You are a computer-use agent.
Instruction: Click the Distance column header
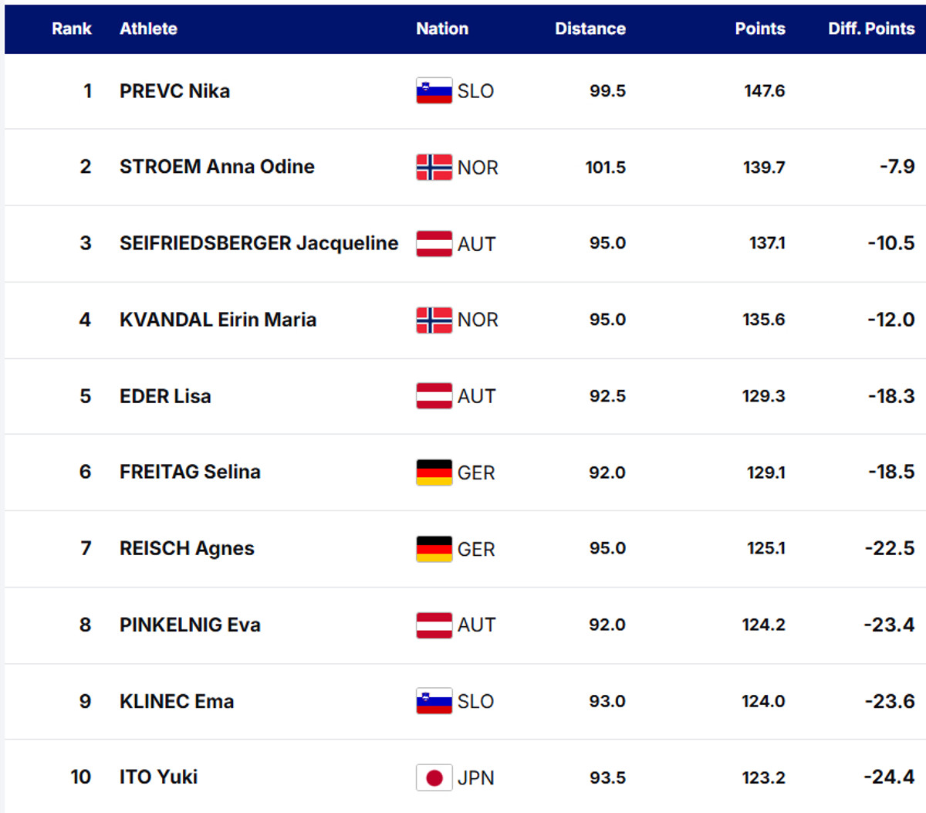pos(590,29)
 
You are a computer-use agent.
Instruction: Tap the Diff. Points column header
pos(870,29)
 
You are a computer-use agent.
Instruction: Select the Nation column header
pos(442,29)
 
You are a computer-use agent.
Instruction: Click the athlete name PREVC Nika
pos(174,91)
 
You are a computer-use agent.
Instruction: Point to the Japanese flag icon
pos(434,777)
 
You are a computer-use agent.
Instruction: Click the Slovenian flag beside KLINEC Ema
pos(434,701)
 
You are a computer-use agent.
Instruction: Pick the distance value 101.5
pos(605,167)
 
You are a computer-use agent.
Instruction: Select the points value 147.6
pos(764,91)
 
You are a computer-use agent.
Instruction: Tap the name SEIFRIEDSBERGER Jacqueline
pos(259,243)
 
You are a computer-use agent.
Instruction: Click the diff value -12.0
pos(891,320)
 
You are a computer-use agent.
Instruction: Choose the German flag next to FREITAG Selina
pos(434,473)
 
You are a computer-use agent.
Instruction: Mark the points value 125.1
pos(765,549)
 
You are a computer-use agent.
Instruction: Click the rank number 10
pos(80,777)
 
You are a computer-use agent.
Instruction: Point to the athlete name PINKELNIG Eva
pos(190,625)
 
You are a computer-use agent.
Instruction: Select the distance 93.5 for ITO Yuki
pos(607,777)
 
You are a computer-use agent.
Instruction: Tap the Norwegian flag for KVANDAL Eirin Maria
pos(434,320)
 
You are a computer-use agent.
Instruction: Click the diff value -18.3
pos(891,396)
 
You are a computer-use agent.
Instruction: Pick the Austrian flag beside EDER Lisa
pos(434,396)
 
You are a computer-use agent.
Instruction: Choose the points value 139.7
pos(764,167)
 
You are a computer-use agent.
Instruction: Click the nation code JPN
pos(475,777)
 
